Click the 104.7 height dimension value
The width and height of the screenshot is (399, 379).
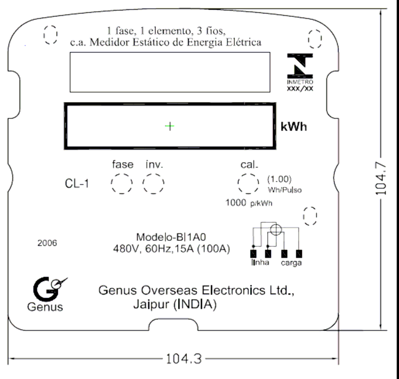381,179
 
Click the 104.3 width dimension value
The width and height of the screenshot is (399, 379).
184,359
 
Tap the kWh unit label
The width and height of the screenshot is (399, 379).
294,127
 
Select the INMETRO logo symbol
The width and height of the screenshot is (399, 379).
300,66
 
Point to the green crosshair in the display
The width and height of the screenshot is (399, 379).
170,126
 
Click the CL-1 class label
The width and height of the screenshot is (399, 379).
77,184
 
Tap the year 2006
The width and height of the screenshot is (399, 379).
48,243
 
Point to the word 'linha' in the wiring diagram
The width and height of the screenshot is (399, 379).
260,262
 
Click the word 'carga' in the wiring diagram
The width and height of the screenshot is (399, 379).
291,263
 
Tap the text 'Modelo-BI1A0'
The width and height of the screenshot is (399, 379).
171,237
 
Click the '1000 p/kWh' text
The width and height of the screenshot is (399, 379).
249,203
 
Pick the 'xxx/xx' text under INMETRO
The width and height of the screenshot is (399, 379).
300,89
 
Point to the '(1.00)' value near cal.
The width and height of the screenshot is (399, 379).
279,179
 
